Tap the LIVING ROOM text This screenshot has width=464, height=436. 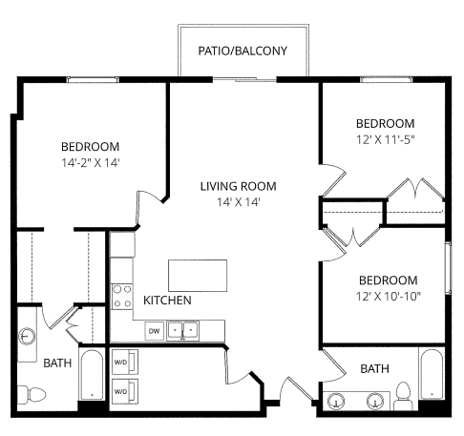click(x=237, y=185)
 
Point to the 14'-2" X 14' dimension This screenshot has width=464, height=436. click(x=90, y=162)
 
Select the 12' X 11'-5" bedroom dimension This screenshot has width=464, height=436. click(x=386, y=139)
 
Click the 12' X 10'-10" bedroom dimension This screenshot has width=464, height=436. click(x=388, y=296)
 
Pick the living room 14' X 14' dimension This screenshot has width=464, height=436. click(x=237, y=201)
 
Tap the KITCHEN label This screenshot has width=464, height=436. click(x=167, y=301)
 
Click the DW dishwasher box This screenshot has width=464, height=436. click(x=154, y=331)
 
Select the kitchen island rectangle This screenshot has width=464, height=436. click(x=199, y=274)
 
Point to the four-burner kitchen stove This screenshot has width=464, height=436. click(x=122, y=296)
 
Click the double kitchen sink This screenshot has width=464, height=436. click(x=182, y=331)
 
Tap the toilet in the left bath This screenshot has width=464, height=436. click(x=34, y=392)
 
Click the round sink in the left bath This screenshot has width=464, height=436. click(x=27, y=336)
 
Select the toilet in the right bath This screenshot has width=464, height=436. click(x=403, y=393)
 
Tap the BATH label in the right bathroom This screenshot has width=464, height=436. click(x=374, y=368)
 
